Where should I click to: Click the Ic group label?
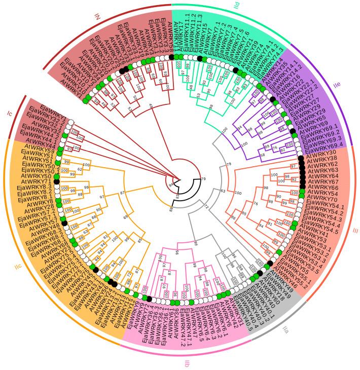(x=9, y=114)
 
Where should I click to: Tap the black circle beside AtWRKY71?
(x=57, y=181)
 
